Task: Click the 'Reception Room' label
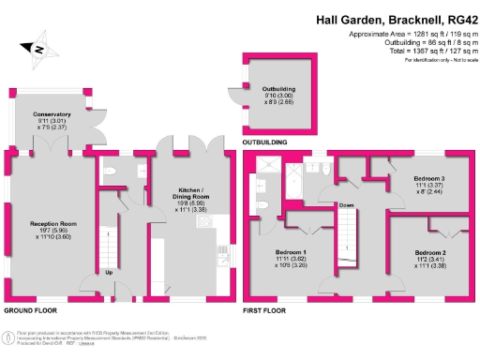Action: [x=52, y=222]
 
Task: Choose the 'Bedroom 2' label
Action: [x=429, y=253]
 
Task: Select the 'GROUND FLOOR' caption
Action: [x=31, y=308]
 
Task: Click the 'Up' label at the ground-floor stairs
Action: [x=109, y=274]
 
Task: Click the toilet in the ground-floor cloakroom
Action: [x=111, y=172]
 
